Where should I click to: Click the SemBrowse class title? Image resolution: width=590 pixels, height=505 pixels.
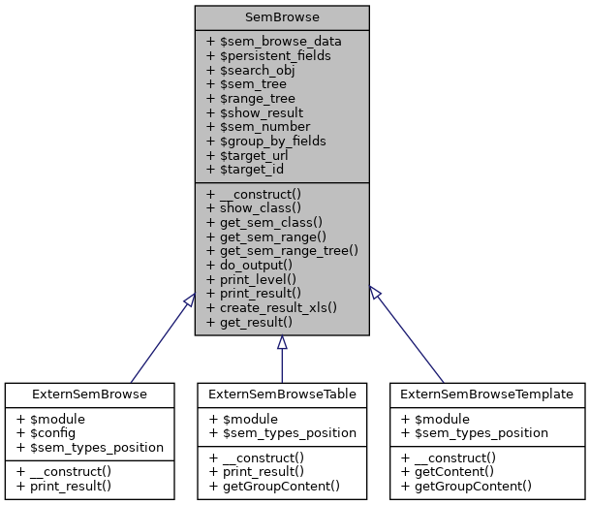point(281,16)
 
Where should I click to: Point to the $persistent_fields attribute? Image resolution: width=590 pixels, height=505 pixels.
point(268,55)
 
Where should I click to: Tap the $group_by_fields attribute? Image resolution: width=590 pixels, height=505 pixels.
point(265,140)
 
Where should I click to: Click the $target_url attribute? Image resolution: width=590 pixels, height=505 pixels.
point(254,154)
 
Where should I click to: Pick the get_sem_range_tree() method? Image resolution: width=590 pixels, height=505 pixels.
point(281,249)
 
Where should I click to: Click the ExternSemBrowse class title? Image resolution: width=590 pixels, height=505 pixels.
point(89,395)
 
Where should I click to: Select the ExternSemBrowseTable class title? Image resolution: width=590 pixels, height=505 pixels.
point(282,395)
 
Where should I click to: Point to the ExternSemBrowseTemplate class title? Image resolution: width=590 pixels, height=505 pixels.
point(487,395)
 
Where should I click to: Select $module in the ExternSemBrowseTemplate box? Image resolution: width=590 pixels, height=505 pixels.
point(436,418)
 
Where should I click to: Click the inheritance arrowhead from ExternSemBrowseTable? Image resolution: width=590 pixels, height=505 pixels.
point(282,343)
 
